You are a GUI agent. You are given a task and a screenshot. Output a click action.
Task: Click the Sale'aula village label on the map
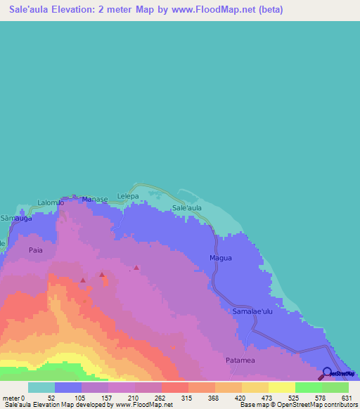(187, 209)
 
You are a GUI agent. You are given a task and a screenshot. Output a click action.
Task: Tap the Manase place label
(95, 200)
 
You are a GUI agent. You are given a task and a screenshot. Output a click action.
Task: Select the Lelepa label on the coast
(129, 195)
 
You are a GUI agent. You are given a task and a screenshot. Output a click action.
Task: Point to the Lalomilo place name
(51, 202)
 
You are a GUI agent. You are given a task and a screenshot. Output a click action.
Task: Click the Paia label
(36, 250)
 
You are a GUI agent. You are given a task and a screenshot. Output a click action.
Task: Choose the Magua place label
(220, 258)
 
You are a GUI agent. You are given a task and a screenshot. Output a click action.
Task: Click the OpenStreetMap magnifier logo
(326, 374)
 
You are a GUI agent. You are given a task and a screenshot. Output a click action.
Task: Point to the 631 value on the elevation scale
(346, 398)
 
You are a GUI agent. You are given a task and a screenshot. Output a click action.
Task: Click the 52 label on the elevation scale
(51, 398)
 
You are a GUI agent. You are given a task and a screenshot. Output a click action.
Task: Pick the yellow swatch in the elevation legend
(281, 387)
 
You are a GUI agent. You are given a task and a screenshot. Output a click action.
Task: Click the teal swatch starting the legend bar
(41, 387)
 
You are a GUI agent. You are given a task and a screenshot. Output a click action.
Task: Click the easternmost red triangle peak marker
(136, 268)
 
